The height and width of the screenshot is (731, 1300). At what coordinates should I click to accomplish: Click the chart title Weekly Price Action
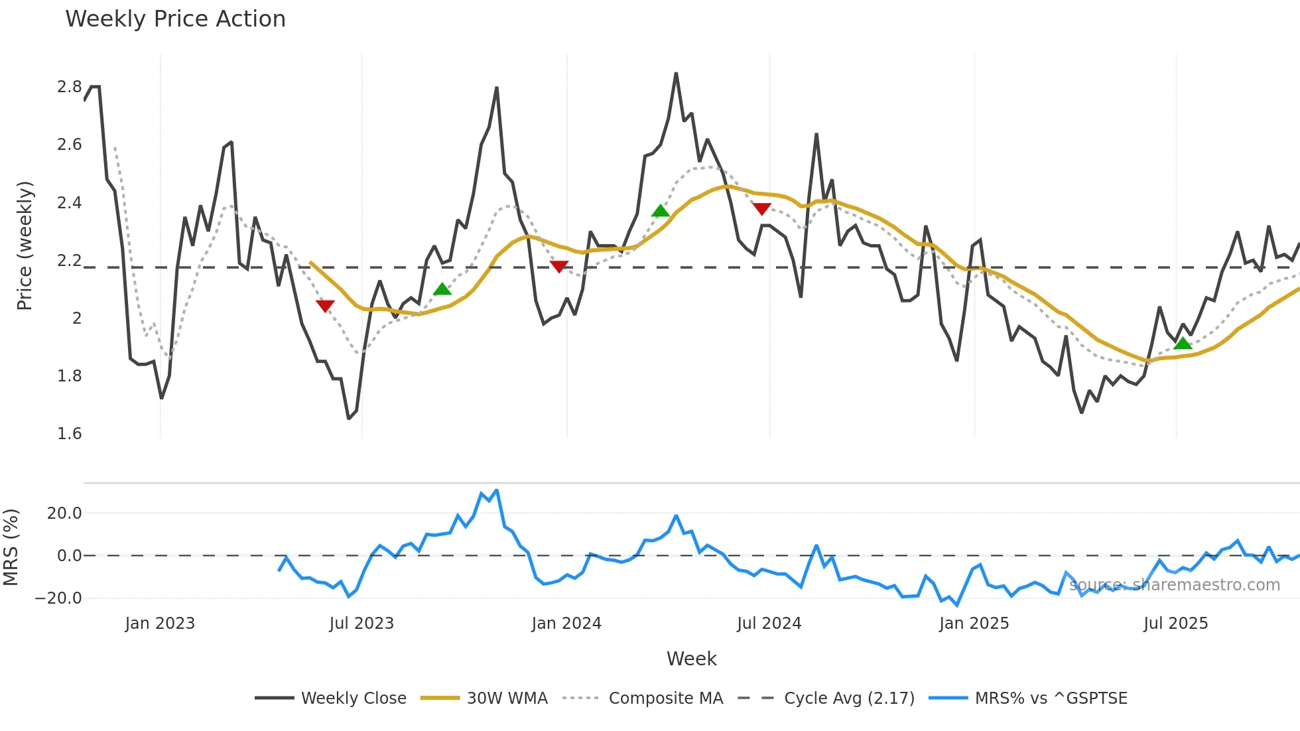pyautogui.click(x=175, y=19)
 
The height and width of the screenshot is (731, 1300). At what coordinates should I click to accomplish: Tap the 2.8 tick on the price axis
pyautogui.click(x=69, y=87)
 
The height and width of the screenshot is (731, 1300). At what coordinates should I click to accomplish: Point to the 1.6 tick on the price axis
pyautogui.click(x=69, y=434)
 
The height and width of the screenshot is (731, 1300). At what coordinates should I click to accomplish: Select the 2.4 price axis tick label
pyautogui.click(x=69, y=203)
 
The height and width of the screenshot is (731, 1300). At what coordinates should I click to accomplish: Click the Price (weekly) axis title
pyautogui.click(x=25, y=245)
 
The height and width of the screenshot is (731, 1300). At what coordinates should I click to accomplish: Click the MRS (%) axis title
pyautogui.click(x=11, y=547)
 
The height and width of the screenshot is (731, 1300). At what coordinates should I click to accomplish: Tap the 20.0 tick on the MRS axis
pyautogui.click(x=64, y=513)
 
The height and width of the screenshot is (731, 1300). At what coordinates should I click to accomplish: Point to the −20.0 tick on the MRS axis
pyautogui.click(x=58, y=598)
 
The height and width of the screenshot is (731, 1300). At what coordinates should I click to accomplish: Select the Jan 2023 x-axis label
pyautogui.click(x=160, y=624)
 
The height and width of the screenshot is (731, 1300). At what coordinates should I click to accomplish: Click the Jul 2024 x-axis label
pyautogui.click(x=769, y=624)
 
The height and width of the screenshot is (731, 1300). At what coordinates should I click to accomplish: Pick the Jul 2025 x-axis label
pyautogui.click(x=1175, y=624)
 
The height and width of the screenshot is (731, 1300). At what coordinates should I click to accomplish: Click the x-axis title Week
pyautogui.click(x=691, y=659)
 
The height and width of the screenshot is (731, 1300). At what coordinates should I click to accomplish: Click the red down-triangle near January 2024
pyautogui.click(x=559, y=267)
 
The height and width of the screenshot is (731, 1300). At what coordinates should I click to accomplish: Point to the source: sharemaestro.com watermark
pyautogui.click(x=1174, y=585)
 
